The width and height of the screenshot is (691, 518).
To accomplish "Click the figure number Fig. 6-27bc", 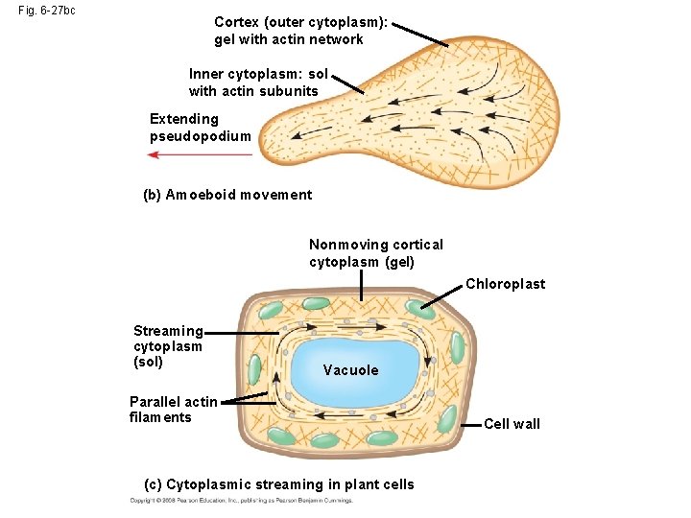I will tap(47, 11).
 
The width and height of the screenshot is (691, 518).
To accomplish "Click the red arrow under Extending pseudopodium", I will tap(191, 153).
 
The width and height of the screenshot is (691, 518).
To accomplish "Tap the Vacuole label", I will tap(350, 370).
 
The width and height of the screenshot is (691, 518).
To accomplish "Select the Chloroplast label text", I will tap(505, 284).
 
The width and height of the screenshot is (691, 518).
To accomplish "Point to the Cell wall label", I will tap(512, 424).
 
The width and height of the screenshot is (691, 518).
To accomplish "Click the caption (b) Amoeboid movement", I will tap(227, 195).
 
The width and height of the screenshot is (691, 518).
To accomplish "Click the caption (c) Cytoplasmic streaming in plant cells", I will tap(278, 484).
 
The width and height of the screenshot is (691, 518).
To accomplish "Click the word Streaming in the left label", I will tap(168, 331).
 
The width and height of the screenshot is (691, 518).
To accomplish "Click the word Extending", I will tap(184, 119).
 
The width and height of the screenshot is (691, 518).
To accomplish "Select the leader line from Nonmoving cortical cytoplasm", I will tap(361, 286).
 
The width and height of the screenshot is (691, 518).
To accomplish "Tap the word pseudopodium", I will tap(201, 136).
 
